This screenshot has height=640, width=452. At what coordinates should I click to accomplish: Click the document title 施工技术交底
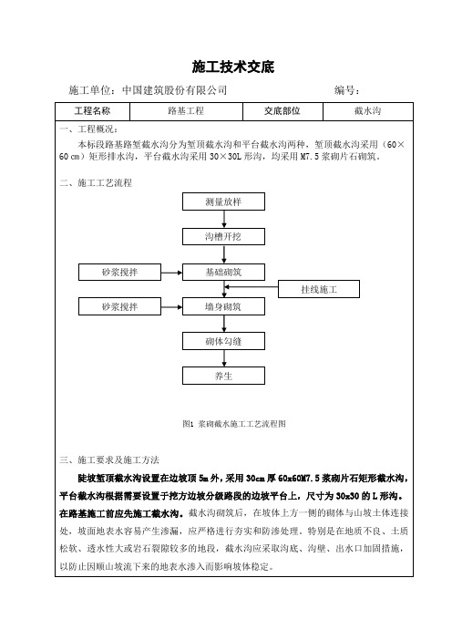(x=233, y=67)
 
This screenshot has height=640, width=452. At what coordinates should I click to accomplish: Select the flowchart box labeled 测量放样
(x=223, y=201)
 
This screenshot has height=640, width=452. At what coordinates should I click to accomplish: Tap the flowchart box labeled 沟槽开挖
(x=223, y=237)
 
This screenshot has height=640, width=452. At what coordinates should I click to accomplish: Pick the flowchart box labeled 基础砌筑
(x=223, y=273)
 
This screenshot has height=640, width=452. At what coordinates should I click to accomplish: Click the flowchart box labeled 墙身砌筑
(x=223, y=306)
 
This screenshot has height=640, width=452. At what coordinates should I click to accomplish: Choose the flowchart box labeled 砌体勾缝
(x=223, y=341)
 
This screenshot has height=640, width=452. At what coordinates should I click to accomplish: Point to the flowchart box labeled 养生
(x=223, y=376)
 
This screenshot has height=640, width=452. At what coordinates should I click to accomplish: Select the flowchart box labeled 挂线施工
(x=319, y=289)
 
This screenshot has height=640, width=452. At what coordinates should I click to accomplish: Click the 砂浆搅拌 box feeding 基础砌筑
(x=120, y=273)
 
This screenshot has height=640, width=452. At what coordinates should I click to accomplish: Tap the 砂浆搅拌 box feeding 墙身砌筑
(x=120, y=306)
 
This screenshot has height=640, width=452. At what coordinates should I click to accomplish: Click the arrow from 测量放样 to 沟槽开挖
(x=224, y=219)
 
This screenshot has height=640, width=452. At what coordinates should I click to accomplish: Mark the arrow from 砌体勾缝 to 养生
(x=224, y=358)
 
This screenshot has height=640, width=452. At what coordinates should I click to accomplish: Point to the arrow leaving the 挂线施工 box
(x=252, y=287)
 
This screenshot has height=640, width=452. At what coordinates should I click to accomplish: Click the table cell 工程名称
(x=92, y=111)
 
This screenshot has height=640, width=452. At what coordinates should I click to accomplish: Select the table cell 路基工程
(x=186, y=111)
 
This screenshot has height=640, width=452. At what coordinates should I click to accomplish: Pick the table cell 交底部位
(x=282, y=111)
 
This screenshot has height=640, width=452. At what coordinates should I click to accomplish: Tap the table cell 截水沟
(x=367, y=111)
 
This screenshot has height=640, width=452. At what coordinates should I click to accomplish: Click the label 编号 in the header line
(x=344, y=90)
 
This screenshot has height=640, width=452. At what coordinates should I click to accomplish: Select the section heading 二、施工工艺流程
(x=96, y=183)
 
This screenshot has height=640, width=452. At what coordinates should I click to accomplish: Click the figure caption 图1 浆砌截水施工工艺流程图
(x=234, y=424)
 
